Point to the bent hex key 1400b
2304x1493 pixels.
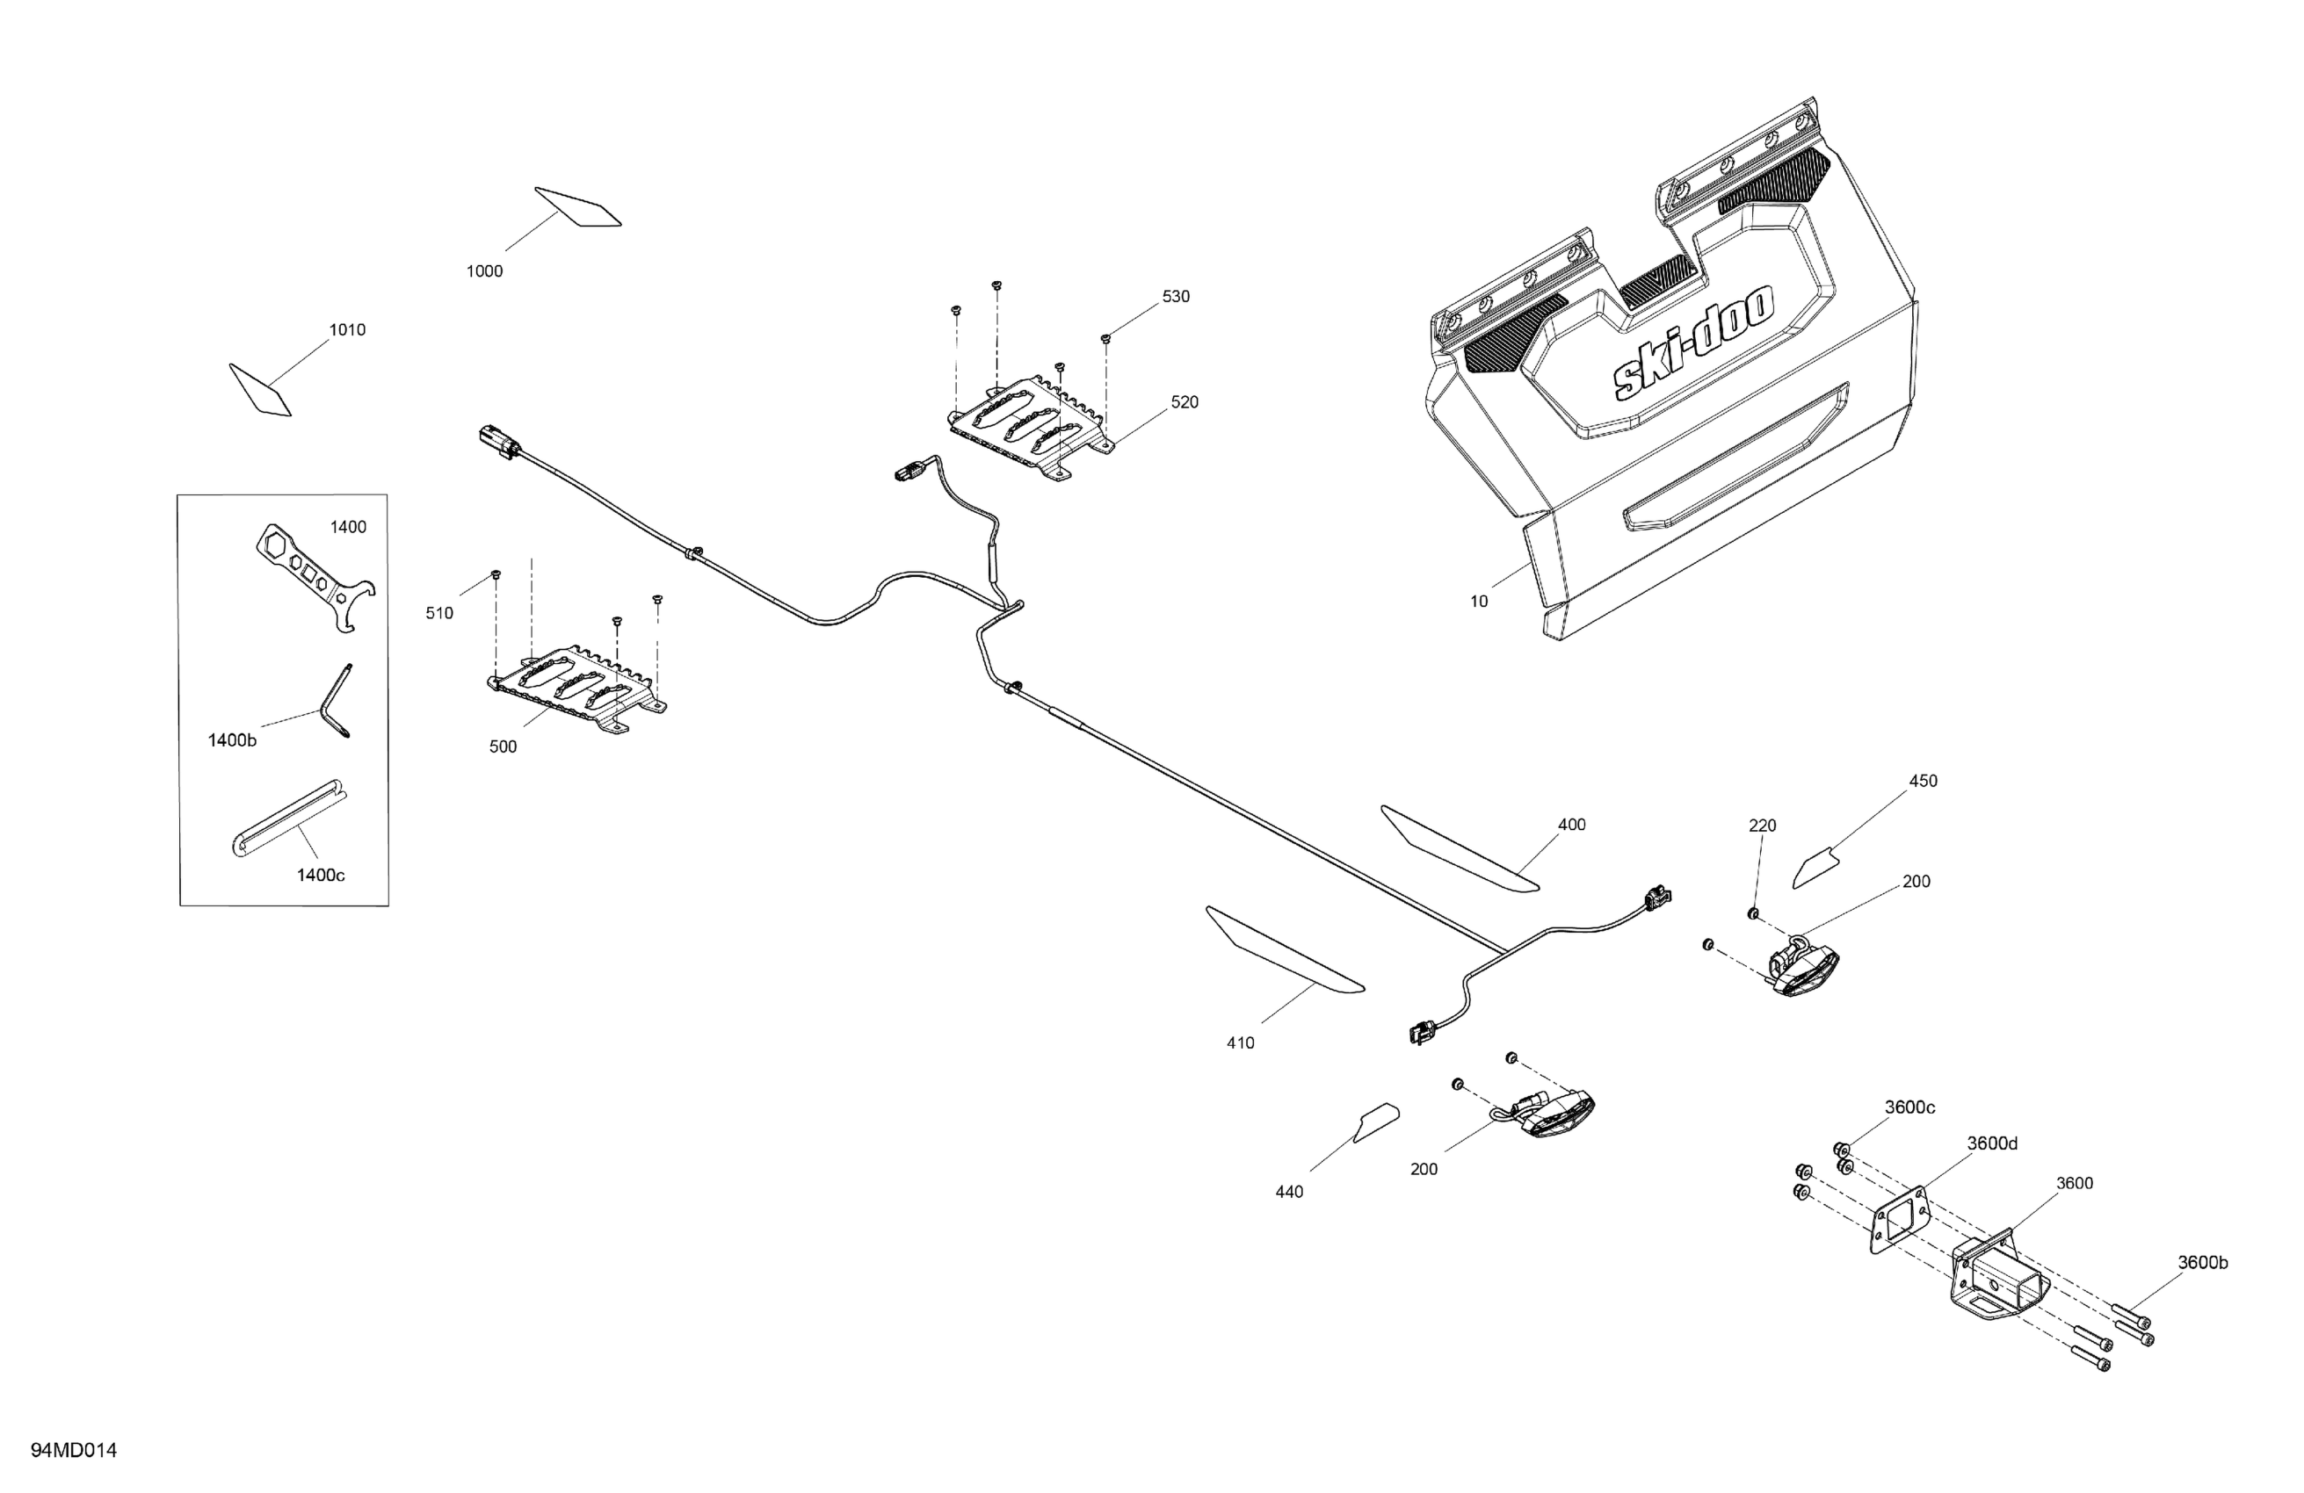click(x=336, y=701)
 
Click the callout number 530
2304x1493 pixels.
click(x=1175, y=297)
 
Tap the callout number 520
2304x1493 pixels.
click(x=1184, y=402)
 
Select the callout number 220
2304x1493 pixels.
click(x=1762, y=826)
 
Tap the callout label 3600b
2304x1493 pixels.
click(x=2202, y=1263)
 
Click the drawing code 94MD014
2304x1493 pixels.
click(x=74, y=1451)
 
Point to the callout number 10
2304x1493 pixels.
click(x=1478, y=602)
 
